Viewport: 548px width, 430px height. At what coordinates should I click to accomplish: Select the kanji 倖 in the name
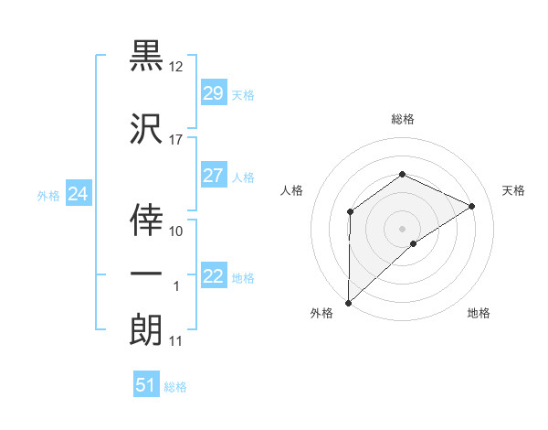(x=147, y=217)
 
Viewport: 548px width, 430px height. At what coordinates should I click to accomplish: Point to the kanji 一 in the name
(x=147, y=273)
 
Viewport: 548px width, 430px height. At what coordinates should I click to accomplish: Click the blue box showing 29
(x=214, y=93)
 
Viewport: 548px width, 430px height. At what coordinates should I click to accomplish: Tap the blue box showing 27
(x=214, y=176)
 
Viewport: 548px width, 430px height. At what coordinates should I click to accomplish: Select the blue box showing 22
(x=214, y=276)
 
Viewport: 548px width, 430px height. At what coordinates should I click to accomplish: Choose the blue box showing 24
(x=79, y=194)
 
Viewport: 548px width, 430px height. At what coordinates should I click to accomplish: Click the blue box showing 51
(x=146, y=385)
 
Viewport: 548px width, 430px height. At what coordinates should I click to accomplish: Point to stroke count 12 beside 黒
(x=176, y=67)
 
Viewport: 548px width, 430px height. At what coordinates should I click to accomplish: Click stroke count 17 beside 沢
(x=176, y=140)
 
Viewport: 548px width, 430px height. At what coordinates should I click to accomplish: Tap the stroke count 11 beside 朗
(x=176, y=341)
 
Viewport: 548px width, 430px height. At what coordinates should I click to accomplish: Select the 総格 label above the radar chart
(x=402, y=119)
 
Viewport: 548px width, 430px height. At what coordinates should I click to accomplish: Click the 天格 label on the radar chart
(x=513, y=190)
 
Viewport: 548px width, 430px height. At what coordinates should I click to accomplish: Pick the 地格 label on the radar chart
(x=479, y=314)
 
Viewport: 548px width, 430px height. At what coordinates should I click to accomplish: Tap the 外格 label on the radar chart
(x=321, y=314)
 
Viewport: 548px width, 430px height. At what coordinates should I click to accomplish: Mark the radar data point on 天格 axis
(x=472, y=206)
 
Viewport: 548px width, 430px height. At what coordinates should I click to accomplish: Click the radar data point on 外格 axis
(x=348, y=302)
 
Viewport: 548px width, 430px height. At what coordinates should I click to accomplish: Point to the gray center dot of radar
(x=402, y=228)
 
